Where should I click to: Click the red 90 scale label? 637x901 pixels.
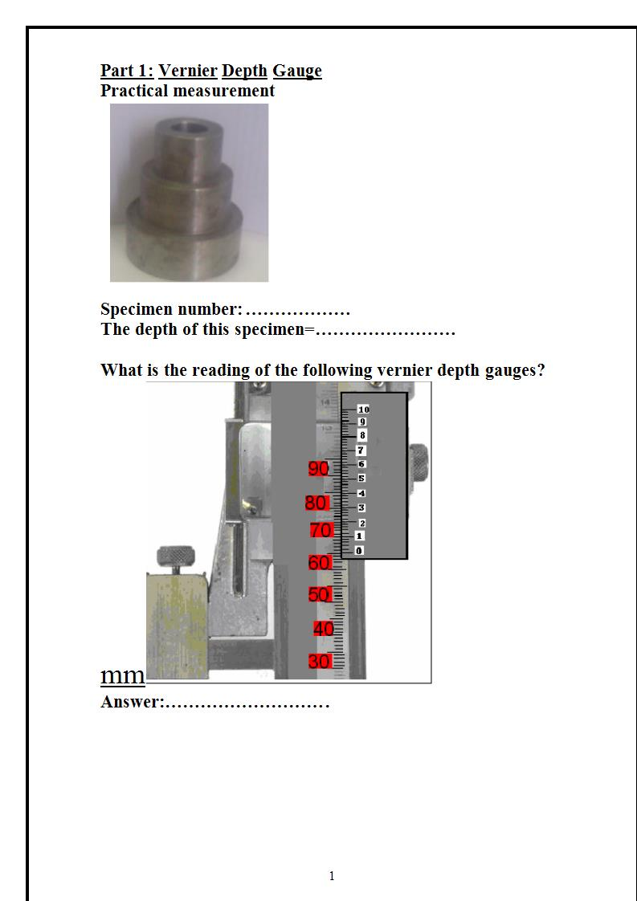[317, 469]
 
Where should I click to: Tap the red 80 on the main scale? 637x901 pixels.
[316, 503]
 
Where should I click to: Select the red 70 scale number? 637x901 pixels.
[321, 530]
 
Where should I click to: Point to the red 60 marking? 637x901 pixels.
[320, 563]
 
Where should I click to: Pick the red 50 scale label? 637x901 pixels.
[320, 595]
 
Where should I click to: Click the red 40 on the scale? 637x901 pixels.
[323, 629]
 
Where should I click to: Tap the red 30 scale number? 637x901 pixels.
[320, 662]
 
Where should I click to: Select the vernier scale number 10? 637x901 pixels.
[363, 410]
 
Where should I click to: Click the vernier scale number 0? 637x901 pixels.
[359, 550]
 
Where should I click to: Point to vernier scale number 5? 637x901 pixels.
[361, 478]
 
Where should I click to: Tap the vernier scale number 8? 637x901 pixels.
[362, 435]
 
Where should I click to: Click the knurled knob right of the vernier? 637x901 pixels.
[418, 460]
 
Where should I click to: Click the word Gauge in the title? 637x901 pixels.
[297, 71]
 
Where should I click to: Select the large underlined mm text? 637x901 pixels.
[122, 676]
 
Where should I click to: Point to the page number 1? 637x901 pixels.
[332, 876]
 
